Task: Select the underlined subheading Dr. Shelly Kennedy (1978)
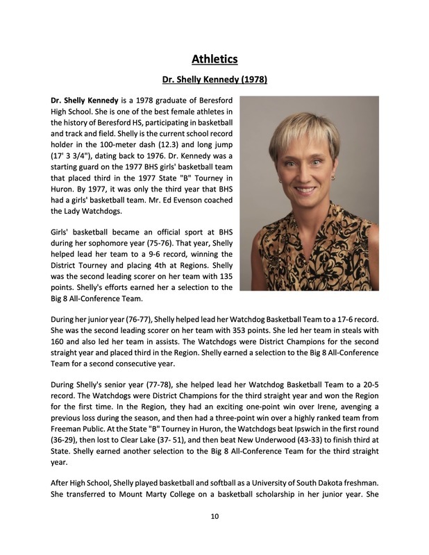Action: [214, 80]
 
